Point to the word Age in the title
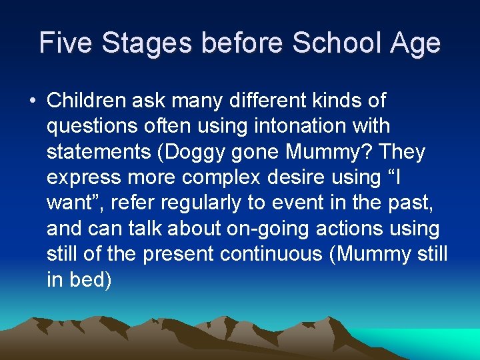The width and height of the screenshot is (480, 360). (416, 43)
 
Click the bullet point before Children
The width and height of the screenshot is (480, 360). (32, 101)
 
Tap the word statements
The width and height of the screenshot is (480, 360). (95, 153)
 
